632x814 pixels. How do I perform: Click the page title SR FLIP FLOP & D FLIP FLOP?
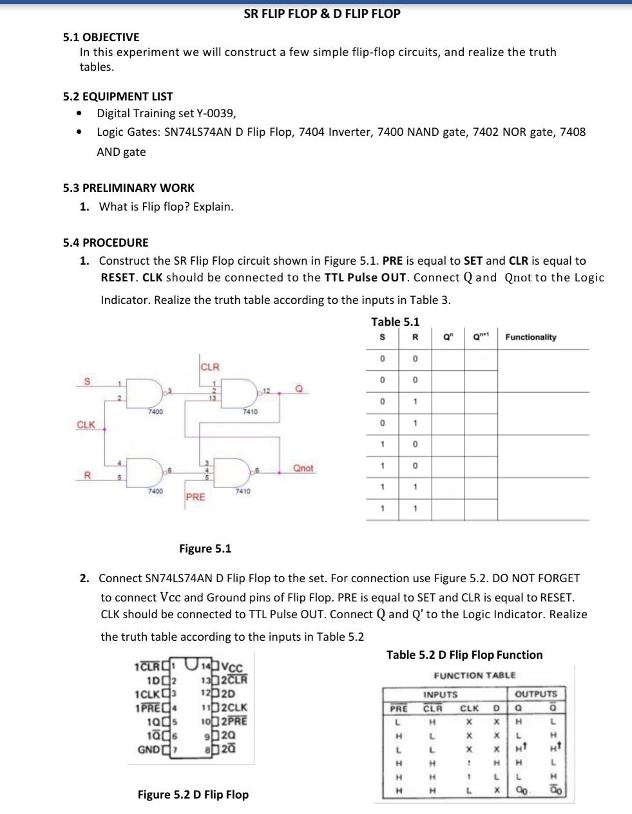pyautogui.click(x=322, y=14)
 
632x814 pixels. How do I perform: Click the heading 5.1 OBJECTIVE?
pyautogui.click(x=101, y=37)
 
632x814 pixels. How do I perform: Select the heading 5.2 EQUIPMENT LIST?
pyautogui.click(x=118, y=97)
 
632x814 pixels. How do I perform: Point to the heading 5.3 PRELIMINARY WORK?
pyautogui.click(x=129, y=188)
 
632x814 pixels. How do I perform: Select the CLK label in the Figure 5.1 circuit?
pyautogui.click(x=86, y=425)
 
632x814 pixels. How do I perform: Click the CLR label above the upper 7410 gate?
pyautogui.click(x=210, y=367)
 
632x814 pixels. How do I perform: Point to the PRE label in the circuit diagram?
pyautogui.click(x=195, y=497)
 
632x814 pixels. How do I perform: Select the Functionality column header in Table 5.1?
pyautogui.click(x=531, y=337)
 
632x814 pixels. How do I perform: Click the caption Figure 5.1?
pyautogui.click(x=205, y=549)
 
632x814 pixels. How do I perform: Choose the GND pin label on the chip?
pyautogui.click(x=149, y=749)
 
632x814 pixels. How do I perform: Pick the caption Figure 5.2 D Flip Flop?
pyautogui.click(x=193, y=795)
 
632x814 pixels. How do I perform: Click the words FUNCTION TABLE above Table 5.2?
pyautogui.click(x=475, y=675)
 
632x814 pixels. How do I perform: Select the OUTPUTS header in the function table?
pyautogui.click(x=537, y=694)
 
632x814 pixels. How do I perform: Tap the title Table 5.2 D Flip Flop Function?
pyautogui.click(x=464, y=655)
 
